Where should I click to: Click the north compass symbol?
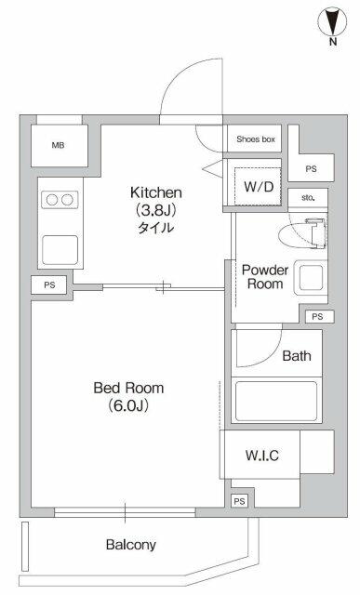[x=333, y=22]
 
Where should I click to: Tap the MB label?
[x=58, y=145]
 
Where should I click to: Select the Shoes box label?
[x=256, y=139]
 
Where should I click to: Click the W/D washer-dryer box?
[x=258, y=186]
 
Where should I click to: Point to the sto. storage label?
[x=308, y=198]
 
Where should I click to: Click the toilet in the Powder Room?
[x=302, y=233]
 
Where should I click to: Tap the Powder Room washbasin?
[x=311, y=277]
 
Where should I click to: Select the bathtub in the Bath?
[x=276, y=401]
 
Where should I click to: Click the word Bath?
[x=297, y=355]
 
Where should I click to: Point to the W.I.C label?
[x=262, y=455]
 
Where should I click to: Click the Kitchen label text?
[x=156, y=192]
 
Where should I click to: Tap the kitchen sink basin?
[x=60, y=250]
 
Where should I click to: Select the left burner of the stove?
[x=52, y=200]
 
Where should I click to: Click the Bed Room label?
[x=128, y=388]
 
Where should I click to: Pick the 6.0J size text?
[x=128, y=405]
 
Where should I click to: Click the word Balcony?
[x=131, y=545]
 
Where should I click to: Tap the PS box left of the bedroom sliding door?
[x=49, y=284]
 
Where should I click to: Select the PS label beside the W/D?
[x=311, y=169]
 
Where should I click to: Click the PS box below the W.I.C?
[x=239, y=501]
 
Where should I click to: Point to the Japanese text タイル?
[x=156, y=228]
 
